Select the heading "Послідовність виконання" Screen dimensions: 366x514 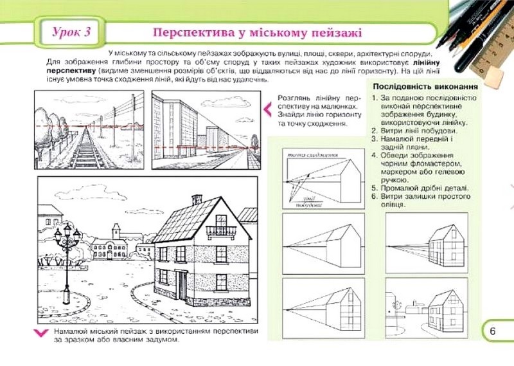click(x=424, y=86)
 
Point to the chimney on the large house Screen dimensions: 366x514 click(x=197, y=199)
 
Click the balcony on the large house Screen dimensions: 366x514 click(x=221, y=230)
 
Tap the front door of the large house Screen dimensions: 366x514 click(x=182, y=286)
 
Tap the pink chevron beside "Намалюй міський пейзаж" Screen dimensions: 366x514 click(x=40, y=332)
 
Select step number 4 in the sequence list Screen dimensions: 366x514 click(x=375, y=156)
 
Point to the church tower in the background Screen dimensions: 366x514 click(x=116, y=233)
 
